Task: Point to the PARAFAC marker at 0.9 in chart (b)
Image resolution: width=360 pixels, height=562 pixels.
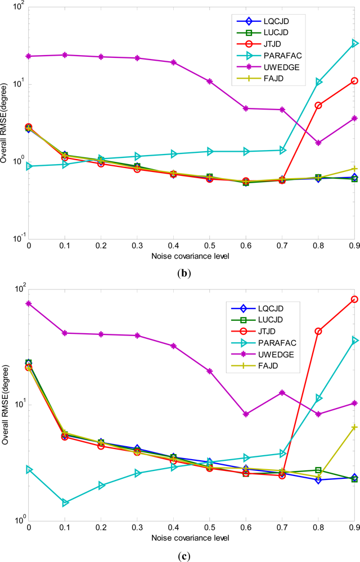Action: [x=355, y=43]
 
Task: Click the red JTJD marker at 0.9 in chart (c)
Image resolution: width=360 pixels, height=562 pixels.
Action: [x=355, y=299]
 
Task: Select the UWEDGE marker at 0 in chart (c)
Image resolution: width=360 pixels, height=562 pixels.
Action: [x=29, y=303]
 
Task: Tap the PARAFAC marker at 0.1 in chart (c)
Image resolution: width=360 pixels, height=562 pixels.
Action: [x=65, y=502]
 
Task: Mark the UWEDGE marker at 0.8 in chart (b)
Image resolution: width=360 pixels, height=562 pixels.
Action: [x=318, y=143]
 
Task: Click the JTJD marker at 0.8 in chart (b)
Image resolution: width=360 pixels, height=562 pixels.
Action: [x=318, y=105]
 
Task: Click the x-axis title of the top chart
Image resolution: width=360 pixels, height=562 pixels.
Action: [x=191, y=256]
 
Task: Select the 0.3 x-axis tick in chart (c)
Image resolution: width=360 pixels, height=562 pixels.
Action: [x=137, y=529]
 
